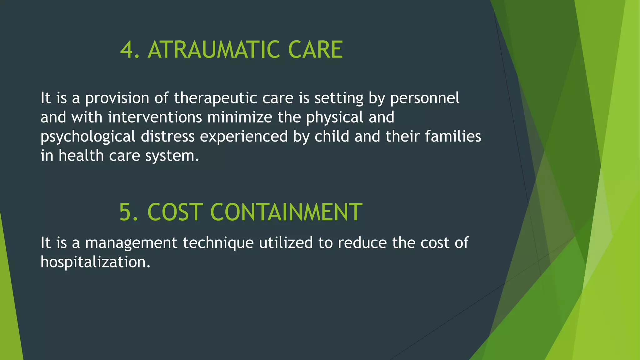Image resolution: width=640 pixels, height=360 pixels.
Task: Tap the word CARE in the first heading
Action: [315, 50]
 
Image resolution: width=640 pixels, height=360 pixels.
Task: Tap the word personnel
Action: [425, 98]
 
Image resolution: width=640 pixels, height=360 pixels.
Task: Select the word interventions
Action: [155, 117]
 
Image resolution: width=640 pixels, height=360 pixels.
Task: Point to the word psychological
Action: [88, 137]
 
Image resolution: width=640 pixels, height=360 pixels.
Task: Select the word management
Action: [131, 243]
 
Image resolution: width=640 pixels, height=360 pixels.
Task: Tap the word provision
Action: [117, 98]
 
